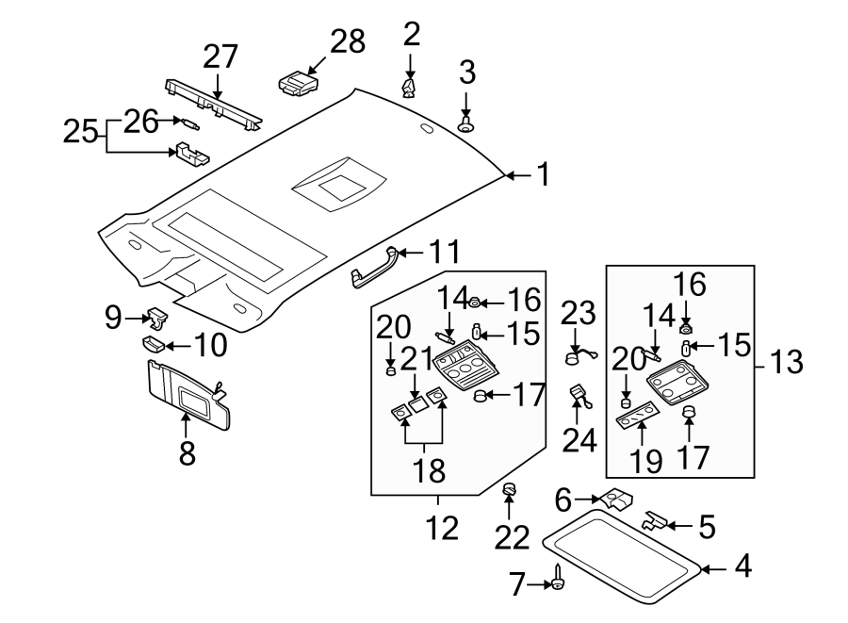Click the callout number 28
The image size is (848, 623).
coord(348,41)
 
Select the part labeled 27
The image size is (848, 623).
coord(213,106)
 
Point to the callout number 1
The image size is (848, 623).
coord(543,174)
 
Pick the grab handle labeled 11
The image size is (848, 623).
coord(373,267)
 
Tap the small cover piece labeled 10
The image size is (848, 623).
coord(153,345)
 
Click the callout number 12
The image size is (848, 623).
coord(443,528)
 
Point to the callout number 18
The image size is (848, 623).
coord(430,470)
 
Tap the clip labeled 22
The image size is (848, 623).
coord(509,489)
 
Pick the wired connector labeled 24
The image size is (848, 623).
coord(581,395)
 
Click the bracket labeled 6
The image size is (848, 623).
coord(617,499)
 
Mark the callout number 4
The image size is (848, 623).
coord(743,566)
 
